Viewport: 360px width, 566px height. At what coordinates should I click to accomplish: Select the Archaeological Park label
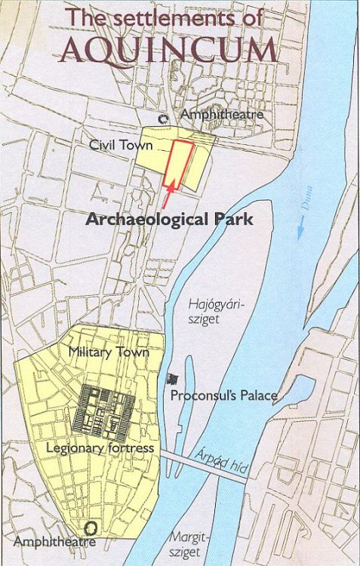169,220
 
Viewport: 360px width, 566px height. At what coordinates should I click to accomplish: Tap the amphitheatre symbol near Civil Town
162,118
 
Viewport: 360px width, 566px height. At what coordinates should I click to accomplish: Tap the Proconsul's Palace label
224,395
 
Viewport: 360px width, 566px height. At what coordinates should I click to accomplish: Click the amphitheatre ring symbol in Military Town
91,528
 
